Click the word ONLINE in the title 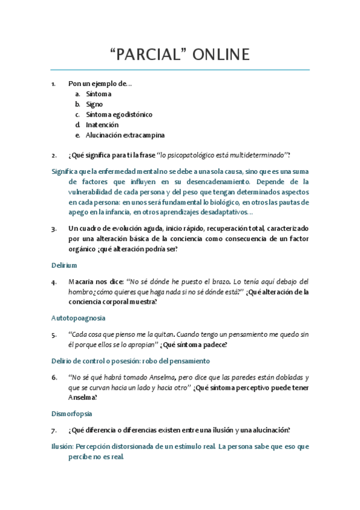[x=221, y=55]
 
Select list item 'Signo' [x=94, y=104]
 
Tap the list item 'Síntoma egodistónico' [x=118, y=114]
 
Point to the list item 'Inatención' [x=102, y=124]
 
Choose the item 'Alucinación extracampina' [x=124, y=135]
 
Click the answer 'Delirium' [x=64, y=265]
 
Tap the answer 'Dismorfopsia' [x=73, y=414]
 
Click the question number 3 [x=54, y=229]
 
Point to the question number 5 [x=54, y=334]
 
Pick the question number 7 [x=54, y=430]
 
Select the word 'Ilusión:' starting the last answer [x=65, y=447]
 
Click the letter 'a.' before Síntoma [x=78, y=94]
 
